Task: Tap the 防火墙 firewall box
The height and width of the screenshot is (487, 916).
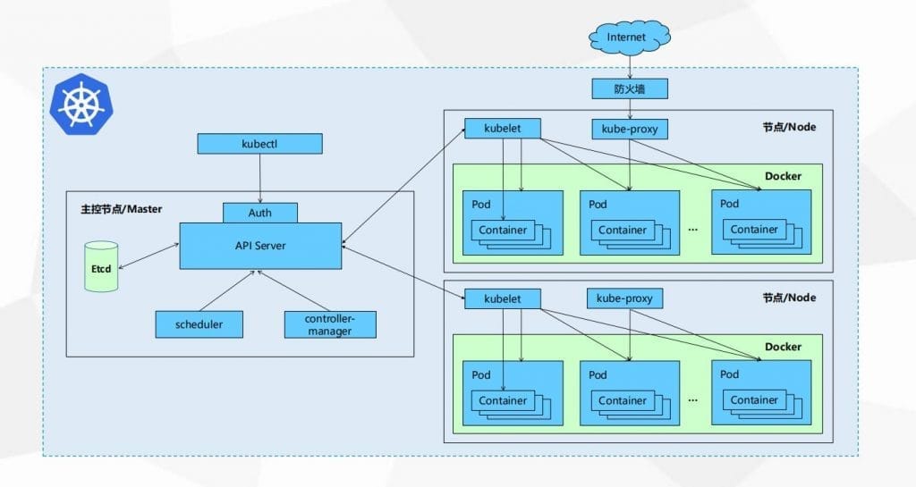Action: tap(630, 89)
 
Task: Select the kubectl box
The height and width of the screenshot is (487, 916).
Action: tap(259, 143)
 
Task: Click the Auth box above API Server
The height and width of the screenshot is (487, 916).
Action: tap(260, 213)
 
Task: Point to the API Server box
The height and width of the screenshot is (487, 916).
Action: tap(260, 245)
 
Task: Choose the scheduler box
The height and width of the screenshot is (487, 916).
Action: tap(199, 323)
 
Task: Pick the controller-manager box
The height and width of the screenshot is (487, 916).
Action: tap(330, 324)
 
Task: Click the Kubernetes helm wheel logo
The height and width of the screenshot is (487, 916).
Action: tap(81, 104)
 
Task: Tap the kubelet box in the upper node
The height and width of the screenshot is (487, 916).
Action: tap(502, 129)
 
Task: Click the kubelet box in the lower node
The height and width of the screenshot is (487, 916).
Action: tap(502, 298)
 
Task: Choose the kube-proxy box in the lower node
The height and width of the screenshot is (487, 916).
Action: tap(624, 298)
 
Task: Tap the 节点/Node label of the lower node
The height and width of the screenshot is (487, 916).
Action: tap(789, 298)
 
